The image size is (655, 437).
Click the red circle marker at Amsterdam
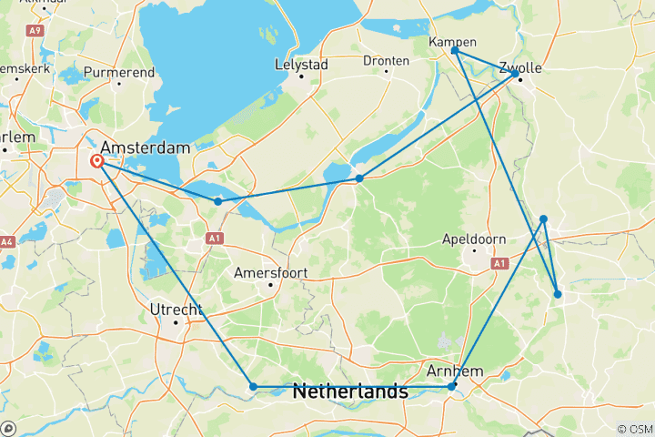pyautogui.click(x=97, y=162)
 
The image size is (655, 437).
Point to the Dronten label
pyautogui.click(x=387, y=60)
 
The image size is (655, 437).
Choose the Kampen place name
pyautogui.click(x=452, y=42)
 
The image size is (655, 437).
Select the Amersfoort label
pyautogui.click(x=270, y=272)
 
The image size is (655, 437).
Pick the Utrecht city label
pyautogui.click(x=176, y=310)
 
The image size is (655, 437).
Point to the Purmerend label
pyautogui.click(x=118, y=71)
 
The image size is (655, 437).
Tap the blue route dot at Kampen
pyautogui.click(x=455, y=51)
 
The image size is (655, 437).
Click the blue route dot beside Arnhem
pyautogui.click(x=451, y=387)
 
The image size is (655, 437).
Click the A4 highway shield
pyautogui.click(x=7, y=241)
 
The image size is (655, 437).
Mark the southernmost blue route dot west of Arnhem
pyautogui.click(x=253, y=387)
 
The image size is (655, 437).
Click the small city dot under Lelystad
pyautogui.click(x=302, y=76)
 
